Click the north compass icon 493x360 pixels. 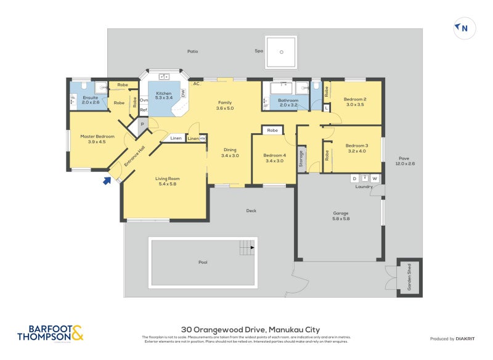coord(463,28)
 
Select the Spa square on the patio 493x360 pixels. coord(282,52)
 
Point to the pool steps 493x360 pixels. coord(246,248)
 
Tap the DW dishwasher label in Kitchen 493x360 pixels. coord(183,93)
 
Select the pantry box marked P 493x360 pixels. coord(142,123)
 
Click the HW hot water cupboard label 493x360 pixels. coord(202,139)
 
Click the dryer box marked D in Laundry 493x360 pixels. coord(354,179)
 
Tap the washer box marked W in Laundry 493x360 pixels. coord(374,179)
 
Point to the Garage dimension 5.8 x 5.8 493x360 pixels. coord(341,219)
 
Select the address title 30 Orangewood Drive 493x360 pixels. coord(250,330)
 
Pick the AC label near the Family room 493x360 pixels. coord(196,83)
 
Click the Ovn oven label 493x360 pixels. coord(144,100)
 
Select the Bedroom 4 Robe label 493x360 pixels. coord(272,131)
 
